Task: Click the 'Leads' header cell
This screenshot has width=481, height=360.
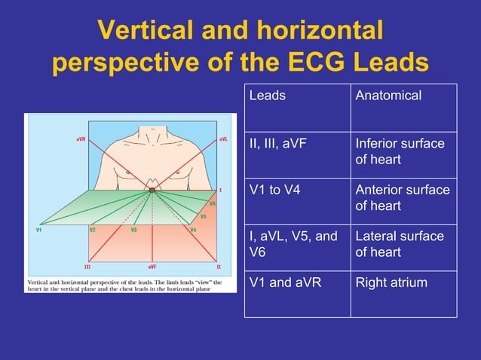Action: click(268, 96)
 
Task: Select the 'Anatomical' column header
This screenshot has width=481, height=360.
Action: click(388, 96)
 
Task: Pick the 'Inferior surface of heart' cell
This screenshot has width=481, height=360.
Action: click(400, 151)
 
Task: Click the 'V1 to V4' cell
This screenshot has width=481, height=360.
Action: click(274, 190)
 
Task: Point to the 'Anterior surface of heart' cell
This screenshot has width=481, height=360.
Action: click(402, 197)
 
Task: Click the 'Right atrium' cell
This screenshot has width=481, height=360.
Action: click(391, 283)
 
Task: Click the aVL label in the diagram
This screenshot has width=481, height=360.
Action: click(224, 139)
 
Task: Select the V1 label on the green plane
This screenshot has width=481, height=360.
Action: click(38, 230)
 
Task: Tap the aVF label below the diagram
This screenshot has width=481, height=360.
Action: click(152, 267)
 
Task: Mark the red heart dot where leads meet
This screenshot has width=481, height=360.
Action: click(152, 191)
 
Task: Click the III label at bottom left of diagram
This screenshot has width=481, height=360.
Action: click(87, 267)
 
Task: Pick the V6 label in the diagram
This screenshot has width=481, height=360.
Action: click(213, 203)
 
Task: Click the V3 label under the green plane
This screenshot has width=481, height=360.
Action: click(133, 230)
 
